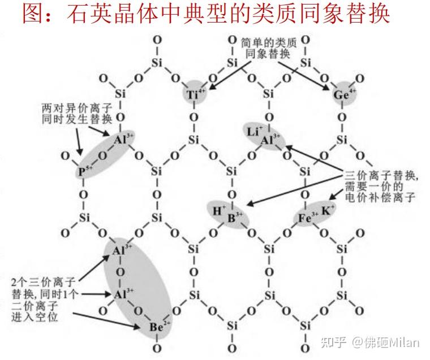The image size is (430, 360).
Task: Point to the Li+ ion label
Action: point(253,131)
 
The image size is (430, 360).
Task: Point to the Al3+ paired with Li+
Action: point(270,140)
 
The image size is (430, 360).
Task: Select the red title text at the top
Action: point(207,14)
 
